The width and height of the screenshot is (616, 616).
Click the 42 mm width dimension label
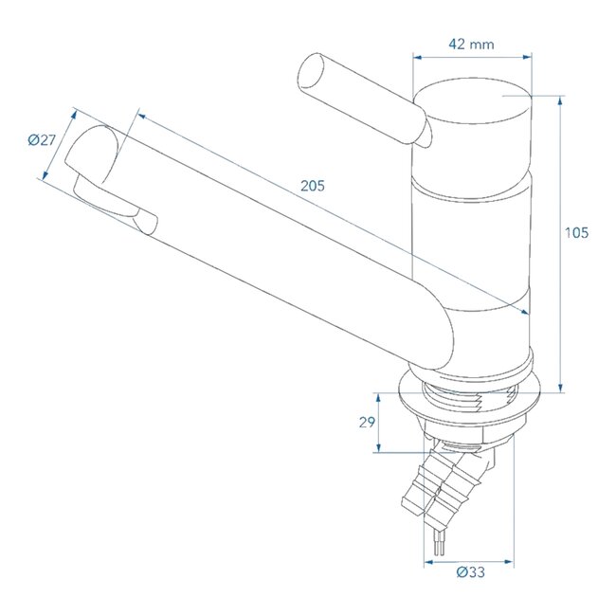(472, 44)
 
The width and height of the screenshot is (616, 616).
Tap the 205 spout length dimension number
(312, 187)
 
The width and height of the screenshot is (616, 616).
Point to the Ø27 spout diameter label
(43, 140)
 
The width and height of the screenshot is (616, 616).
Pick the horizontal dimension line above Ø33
(467, 561)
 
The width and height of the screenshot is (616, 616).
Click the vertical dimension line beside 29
(381, 423)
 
